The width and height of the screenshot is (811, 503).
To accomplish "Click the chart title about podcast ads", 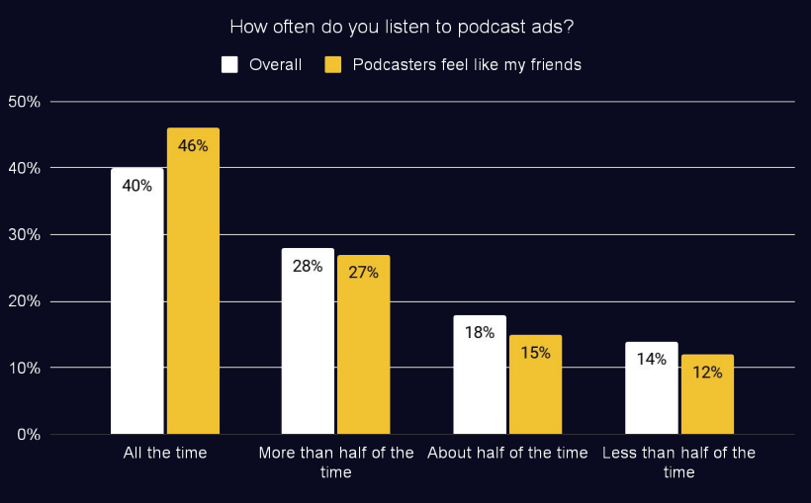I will click(x=402, y=27).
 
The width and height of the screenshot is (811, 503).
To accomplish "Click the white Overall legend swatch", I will click(x=229, y=65).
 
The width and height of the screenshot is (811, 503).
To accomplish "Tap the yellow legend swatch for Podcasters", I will click(x=333, y=65).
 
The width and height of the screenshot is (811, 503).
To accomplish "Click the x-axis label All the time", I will click(x=165, y=453).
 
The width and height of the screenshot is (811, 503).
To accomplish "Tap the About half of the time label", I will click(x=507, y=453).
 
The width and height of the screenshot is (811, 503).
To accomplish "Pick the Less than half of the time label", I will click(x=678, y=462).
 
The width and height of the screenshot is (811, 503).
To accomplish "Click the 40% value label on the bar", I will click(x=136, y=185).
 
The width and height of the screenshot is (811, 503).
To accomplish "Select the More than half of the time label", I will click(x=336, y=462).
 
